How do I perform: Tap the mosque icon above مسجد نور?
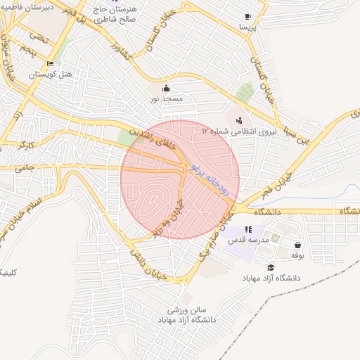(x=166, y=88)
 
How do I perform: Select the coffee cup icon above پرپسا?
(x=247, y=17)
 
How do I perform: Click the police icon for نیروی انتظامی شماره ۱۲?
(x=239, y=120)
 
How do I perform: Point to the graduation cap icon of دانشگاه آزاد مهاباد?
(x=271, y=267)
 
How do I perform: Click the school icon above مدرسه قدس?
(x=247, y=229)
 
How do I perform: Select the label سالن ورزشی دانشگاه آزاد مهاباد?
(x=195, y=315)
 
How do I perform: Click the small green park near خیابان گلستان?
(x=245, y=93)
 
